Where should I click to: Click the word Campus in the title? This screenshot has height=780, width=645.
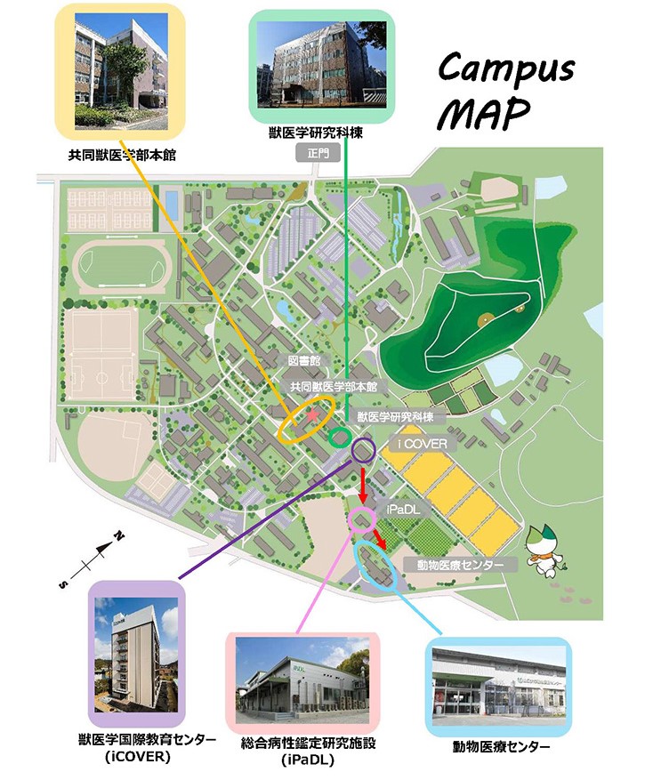(507, 68)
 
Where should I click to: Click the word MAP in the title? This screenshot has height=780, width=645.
(487, 113)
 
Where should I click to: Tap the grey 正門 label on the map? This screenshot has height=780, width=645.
(318, 152)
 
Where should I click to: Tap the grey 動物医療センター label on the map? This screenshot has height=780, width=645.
(460, 565)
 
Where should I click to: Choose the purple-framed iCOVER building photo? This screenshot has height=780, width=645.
(136, 654)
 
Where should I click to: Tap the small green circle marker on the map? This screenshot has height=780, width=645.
(339, 438)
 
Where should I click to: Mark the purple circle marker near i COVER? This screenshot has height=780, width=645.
(363, 449)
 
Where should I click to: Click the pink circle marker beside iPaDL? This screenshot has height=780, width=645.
(362, 519)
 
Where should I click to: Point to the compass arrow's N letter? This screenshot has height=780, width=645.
(117, 537)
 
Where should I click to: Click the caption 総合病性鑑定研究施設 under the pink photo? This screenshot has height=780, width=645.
(302, 744)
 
